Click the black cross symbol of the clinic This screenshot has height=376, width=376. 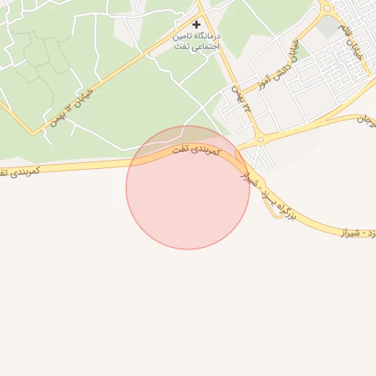[x=196, y=24]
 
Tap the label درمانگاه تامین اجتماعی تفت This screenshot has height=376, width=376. [x=196, y=41]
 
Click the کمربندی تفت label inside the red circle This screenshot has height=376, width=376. [x=195, y=149]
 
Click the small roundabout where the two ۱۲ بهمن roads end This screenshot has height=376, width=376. [x=258, y=140]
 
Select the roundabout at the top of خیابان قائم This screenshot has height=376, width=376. [x=327, y=7]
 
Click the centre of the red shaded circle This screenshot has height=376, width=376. [x=188, y=188]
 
